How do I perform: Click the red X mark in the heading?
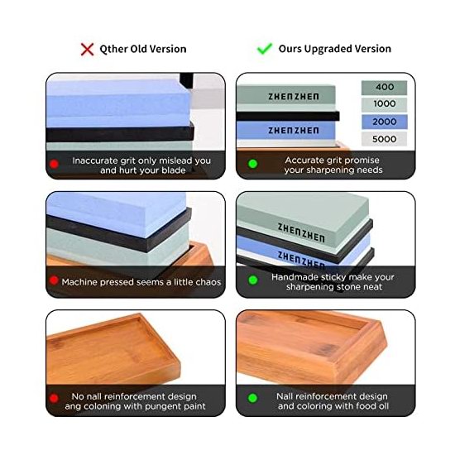click(87, 50)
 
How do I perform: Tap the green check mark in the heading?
click(265, 49)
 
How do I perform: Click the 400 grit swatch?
click(384, 88)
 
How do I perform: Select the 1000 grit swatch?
click(384, 104)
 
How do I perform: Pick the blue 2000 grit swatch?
click(384, 122)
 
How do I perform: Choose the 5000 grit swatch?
click(384, 139)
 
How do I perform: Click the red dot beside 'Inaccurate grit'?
click(54, 164)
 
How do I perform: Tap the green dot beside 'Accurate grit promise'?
click(253, 164)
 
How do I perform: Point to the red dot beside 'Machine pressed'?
click(54, 280)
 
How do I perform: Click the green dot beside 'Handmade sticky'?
click(253, 280)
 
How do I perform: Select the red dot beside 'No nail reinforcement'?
click(54, 398)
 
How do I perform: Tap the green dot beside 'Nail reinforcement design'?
click(253, 398)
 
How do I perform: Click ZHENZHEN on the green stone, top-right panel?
click(294, 97)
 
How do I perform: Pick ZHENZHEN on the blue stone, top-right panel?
click(294, 131)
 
